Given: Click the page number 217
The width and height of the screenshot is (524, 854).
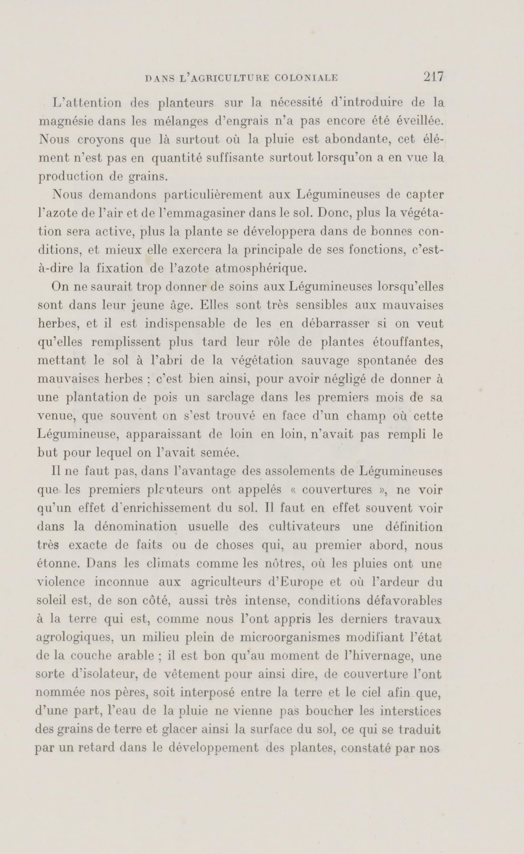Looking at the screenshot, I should (x=433, y=77).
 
